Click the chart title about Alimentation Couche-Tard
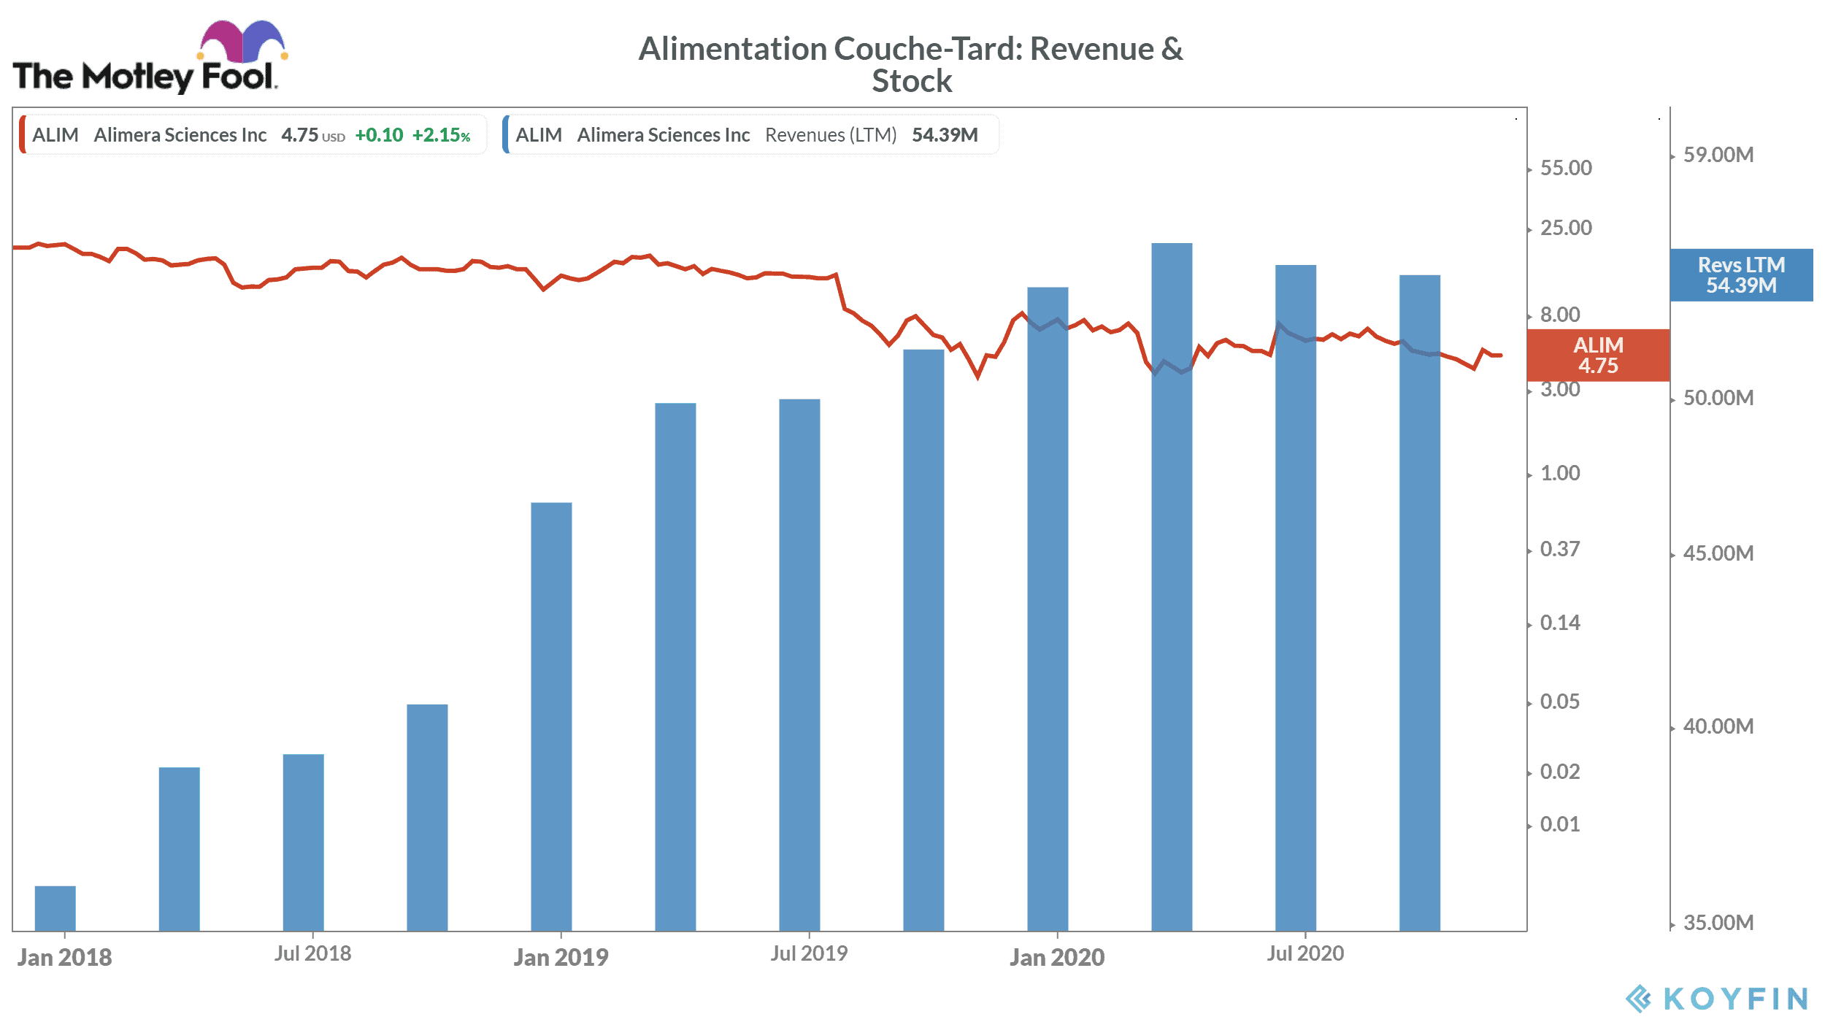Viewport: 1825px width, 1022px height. [x=911, y=64]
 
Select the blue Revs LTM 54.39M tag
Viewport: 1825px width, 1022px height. [x=1741, y=275]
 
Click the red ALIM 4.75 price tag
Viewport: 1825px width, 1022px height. [x=1598, y=356]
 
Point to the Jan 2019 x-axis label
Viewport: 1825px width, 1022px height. [x=561, y=957]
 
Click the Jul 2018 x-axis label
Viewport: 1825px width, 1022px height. [x=312, y=953]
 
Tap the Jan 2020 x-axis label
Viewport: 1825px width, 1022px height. [x=1057, y=957]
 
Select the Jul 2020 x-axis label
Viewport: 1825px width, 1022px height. [x=1305, y=953]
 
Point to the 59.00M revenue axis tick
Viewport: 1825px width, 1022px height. [x=1718, y=155]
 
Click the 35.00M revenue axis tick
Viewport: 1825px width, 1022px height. [x=1718, y=923]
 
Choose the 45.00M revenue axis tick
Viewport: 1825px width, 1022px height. [x=1718, y=553]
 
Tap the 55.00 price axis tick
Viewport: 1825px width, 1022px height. [x=1566, y=168]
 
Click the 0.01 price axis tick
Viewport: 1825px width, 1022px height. [x=1560, y=824]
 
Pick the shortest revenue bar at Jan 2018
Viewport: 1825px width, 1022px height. [x=55, y=908]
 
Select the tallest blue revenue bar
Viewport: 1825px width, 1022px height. [x=1172, y=584]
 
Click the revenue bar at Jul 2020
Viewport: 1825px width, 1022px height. [x=1296, y=599]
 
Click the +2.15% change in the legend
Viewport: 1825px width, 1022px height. [x=441, y=135]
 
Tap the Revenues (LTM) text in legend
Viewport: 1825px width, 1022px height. [x=831, y=135]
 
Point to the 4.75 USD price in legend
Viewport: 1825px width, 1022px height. [x=312, y=135]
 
